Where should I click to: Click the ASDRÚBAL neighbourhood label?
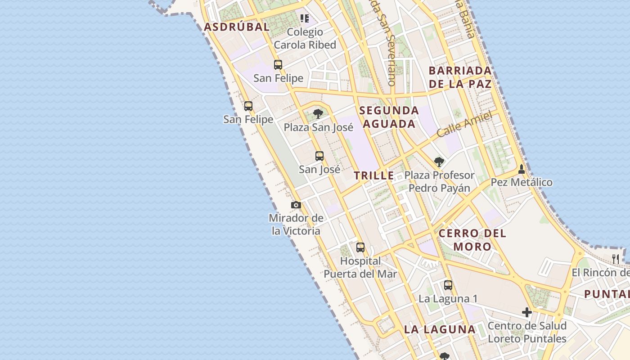(x=237, y=27)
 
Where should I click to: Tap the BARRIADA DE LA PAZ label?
(x=460, y=77)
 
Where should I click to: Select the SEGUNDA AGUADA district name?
(x=389, y=117)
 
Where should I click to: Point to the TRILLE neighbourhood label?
(x=373, y=176)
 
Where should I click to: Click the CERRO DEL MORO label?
(x=472, y=240)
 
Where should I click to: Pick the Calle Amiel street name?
(x=464, y=125)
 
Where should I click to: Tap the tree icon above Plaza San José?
(x=318, y=113)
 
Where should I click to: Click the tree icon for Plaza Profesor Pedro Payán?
(x=439, y=162)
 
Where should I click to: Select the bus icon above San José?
(x=319, y=156)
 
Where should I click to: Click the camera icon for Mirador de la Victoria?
(x=296, y=205)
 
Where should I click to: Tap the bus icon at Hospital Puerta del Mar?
(x=360, y=247)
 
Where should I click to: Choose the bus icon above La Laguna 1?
(x=448, y=285)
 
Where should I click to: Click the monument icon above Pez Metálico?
(x=522, y=169)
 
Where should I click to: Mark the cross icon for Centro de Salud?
(x=527, y=312)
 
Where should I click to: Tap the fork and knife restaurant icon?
(x=616, y=259)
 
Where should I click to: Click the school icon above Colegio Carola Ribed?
(x=305, y=18)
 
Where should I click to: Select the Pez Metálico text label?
(x=522, y=182)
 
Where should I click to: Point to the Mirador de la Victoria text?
(x=296, y=225)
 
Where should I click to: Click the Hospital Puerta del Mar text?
(x=360, y=267)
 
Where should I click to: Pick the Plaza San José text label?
(x=318, y=127)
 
